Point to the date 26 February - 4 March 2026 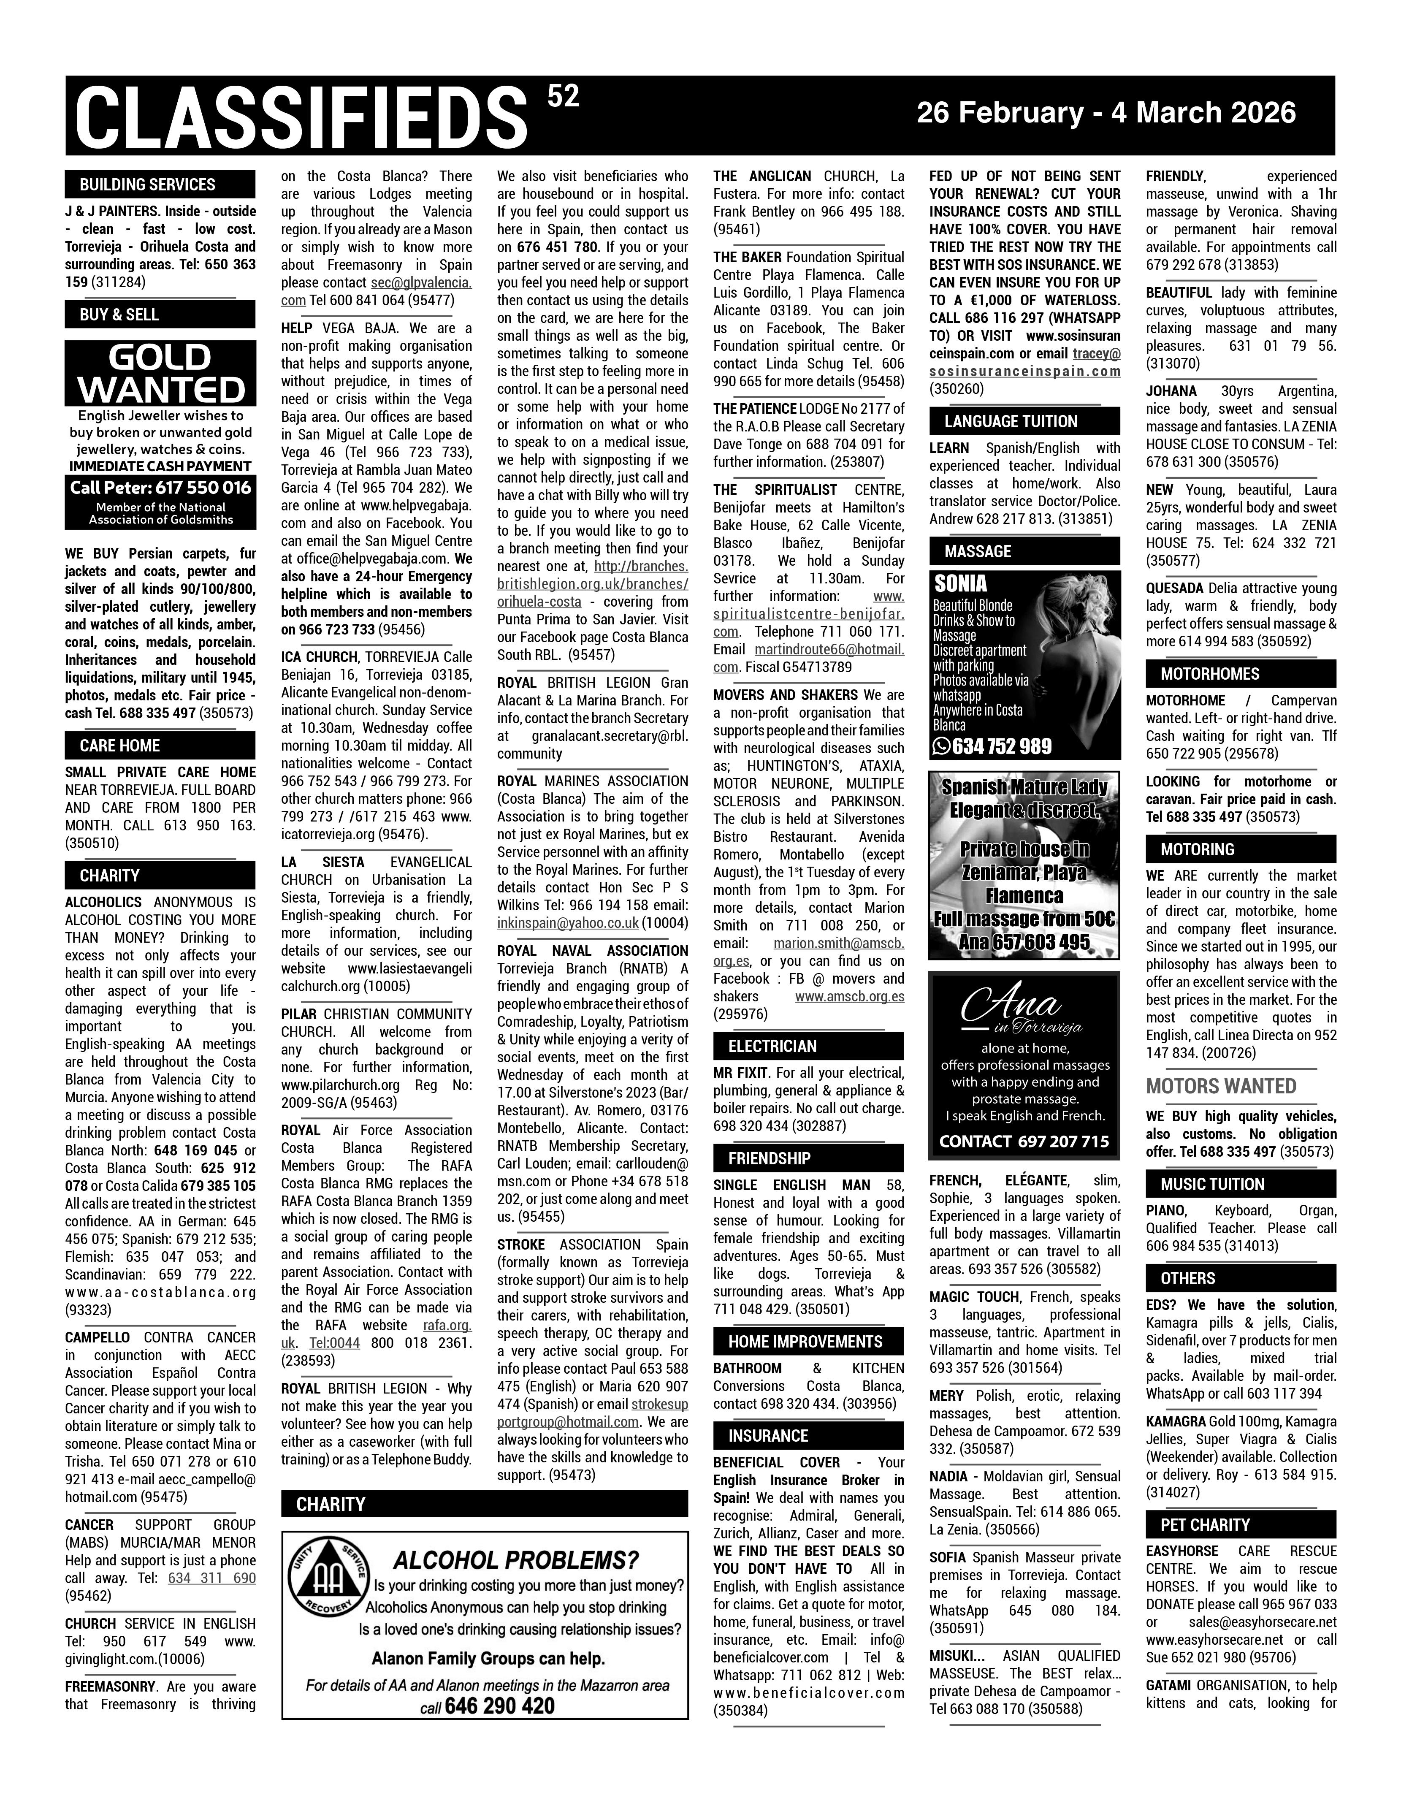coord(1106,113)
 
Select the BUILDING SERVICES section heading coord(148,185)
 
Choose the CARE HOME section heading coord(120,746)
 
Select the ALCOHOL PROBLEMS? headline coord(515,1561)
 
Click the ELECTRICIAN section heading coord(772,1046)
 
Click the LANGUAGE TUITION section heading coord(1011,422)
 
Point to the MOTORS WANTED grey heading coord(1221,1087)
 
